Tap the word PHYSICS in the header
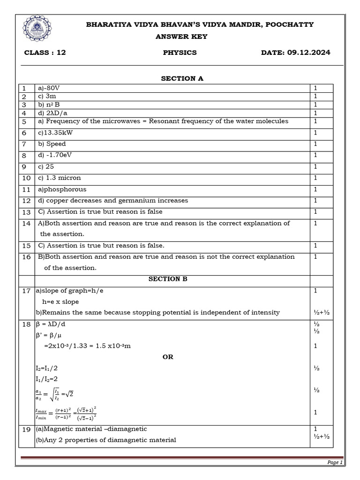(x=180, y=52)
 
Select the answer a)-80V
(x=48, y=88)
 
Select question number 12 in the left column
(x=26, y=201)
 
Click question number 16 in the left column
(x=26, y=257)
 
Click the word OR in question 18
(x=168, y=357)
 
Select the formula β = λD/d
(x=54, y=324)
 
